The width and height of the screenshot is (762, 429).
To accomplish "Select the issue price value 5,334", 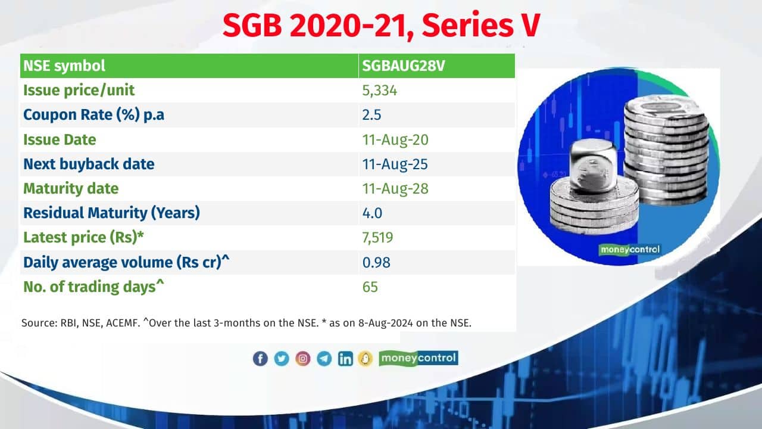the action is point(379,91).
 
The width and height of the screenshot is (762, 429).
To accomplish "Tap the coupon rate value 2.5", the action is point(371,115).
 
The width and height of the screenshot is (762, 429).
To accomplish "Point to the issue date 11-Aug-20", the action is point(395,139).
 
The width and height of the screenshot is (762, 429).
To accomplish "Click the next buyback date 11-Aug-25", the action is point(395,164).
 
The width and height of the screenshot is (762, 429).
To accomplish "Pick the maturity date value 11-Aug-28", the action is point(395,189).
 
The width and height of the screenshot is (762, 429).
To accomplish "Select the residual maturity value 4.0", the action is point(372,213).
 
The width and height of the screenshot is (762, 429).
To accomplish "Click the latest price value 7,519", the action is point(377,238).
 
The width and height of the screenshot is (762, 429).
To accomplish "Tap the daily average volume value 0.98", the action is point(376,263).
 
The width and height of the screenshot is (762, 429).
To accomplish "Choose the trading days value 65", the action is point(370,287).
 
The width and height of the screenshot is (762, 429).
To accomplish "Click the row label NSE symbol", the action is point(64,66).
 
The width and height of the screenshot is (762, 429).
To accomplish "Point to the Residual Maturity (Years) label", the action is point(111,213).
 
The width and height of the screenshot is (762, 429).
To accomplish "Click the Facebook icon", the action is point(260,359).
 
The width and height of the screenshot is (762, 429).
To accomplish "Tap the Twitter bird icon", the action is point(282,359).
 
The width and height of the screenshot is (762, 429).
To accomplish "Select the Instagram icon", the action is point(303,359).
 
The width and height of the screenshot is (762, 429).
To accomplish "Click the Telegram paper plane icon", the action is point(324,359).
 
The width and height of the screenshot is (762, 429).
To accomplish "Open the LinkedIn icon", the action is point(345,359).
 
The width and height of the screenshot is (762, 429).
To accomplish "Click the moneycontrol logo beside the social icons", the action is point(419,358).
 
